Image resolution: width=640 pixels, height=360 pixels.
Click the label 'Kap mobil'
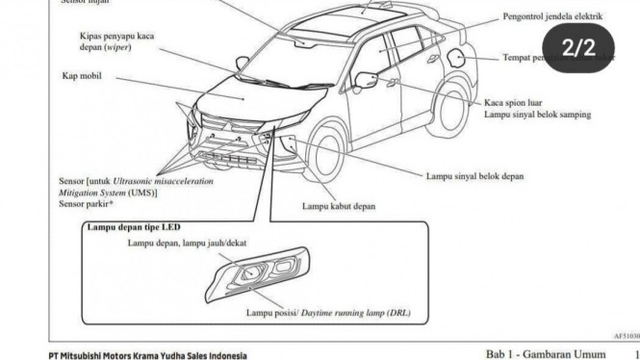[84, 75]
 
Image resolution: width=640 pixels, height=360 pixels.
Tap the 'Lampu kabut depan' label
[339, 205]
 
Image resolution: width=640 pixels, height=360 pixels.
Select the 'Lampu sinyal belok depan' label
[475, 176]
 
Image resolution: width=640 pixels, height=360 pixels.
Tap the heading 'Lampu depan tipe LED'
[134, 227]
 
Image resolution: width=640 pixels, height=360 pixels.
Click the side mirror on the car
[365, 77]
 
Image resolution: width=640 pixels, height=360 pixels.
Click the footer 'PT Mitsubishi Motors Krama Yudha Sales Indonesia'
[147, 355]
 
